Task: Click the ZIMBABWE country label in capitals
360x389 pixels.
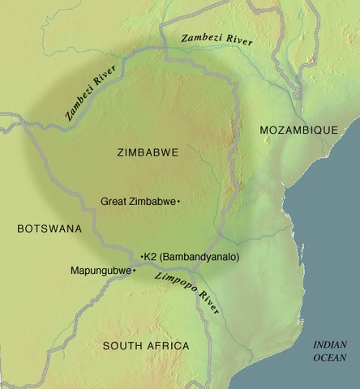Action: tap(147, 152)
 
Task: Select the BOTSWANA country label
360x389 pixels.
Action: tap(49, 229)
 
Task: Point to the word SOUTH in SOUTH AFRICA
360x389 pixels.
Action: tap(121, 346)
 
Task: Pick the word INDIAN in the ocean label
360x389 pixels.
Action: tap(331, 344)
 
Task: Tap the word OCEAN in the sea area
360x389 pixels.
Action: tap(331, 357)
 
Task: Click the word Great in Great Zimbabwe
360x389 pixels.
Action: tap(114, 200)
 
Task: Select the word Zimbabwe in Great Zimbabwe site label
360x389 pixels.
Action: tap(152, 200)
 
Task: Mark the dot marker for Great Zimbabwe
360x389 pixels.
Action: tap(178, 200)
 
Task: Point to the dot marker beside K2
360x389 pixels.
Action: tap(143, 257)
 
